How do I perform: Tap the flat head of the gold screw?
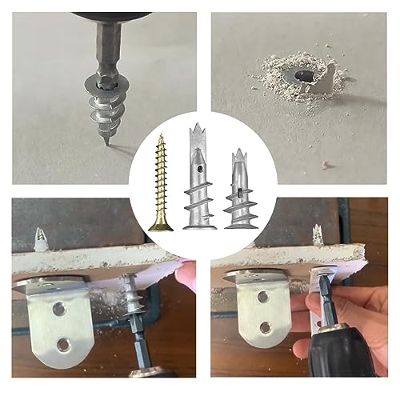[x=162, y=226]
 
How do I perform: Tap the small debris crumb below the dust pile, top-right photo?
[x=326, y=165]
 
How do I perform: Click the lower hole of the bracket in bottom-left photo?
[x=62, y=345]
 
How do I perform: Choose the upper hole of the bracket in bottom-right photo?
[x=262, y=298]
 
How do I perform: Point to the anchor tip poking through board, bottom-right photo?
[x=317, y=234]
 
